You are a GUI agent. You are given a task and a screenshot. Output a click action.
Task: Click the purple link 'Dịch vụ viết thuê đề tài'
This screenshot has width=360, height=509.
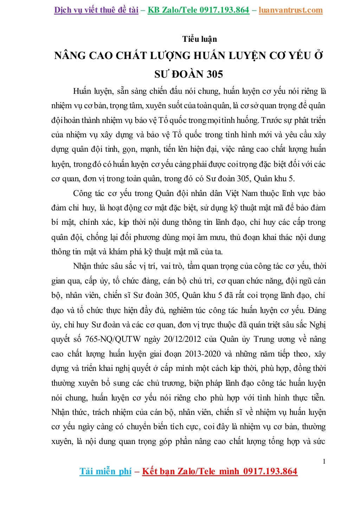click(x=96, y=10)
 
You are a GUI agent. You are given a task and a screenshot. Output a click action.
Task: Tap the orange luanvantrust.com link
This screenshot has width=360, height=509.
click(x=290, y=10)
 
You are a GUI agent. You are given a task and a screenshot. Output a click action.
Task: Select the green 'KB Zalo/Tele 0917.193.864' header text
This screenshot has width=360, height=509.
click(x=198, y=10)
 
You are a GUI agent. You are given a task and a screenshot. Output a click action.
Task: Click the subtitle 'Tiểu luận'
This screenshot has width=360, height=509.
click(x=199, y=39)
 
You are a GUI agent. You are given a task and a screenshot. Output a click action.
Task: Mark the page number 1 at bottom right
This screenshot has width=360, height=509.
click(x=324, y=461)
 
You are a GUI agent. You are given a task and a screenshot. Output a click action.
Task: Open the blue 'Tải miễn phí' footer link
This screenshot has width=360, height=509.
click(x=105, y=471)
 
